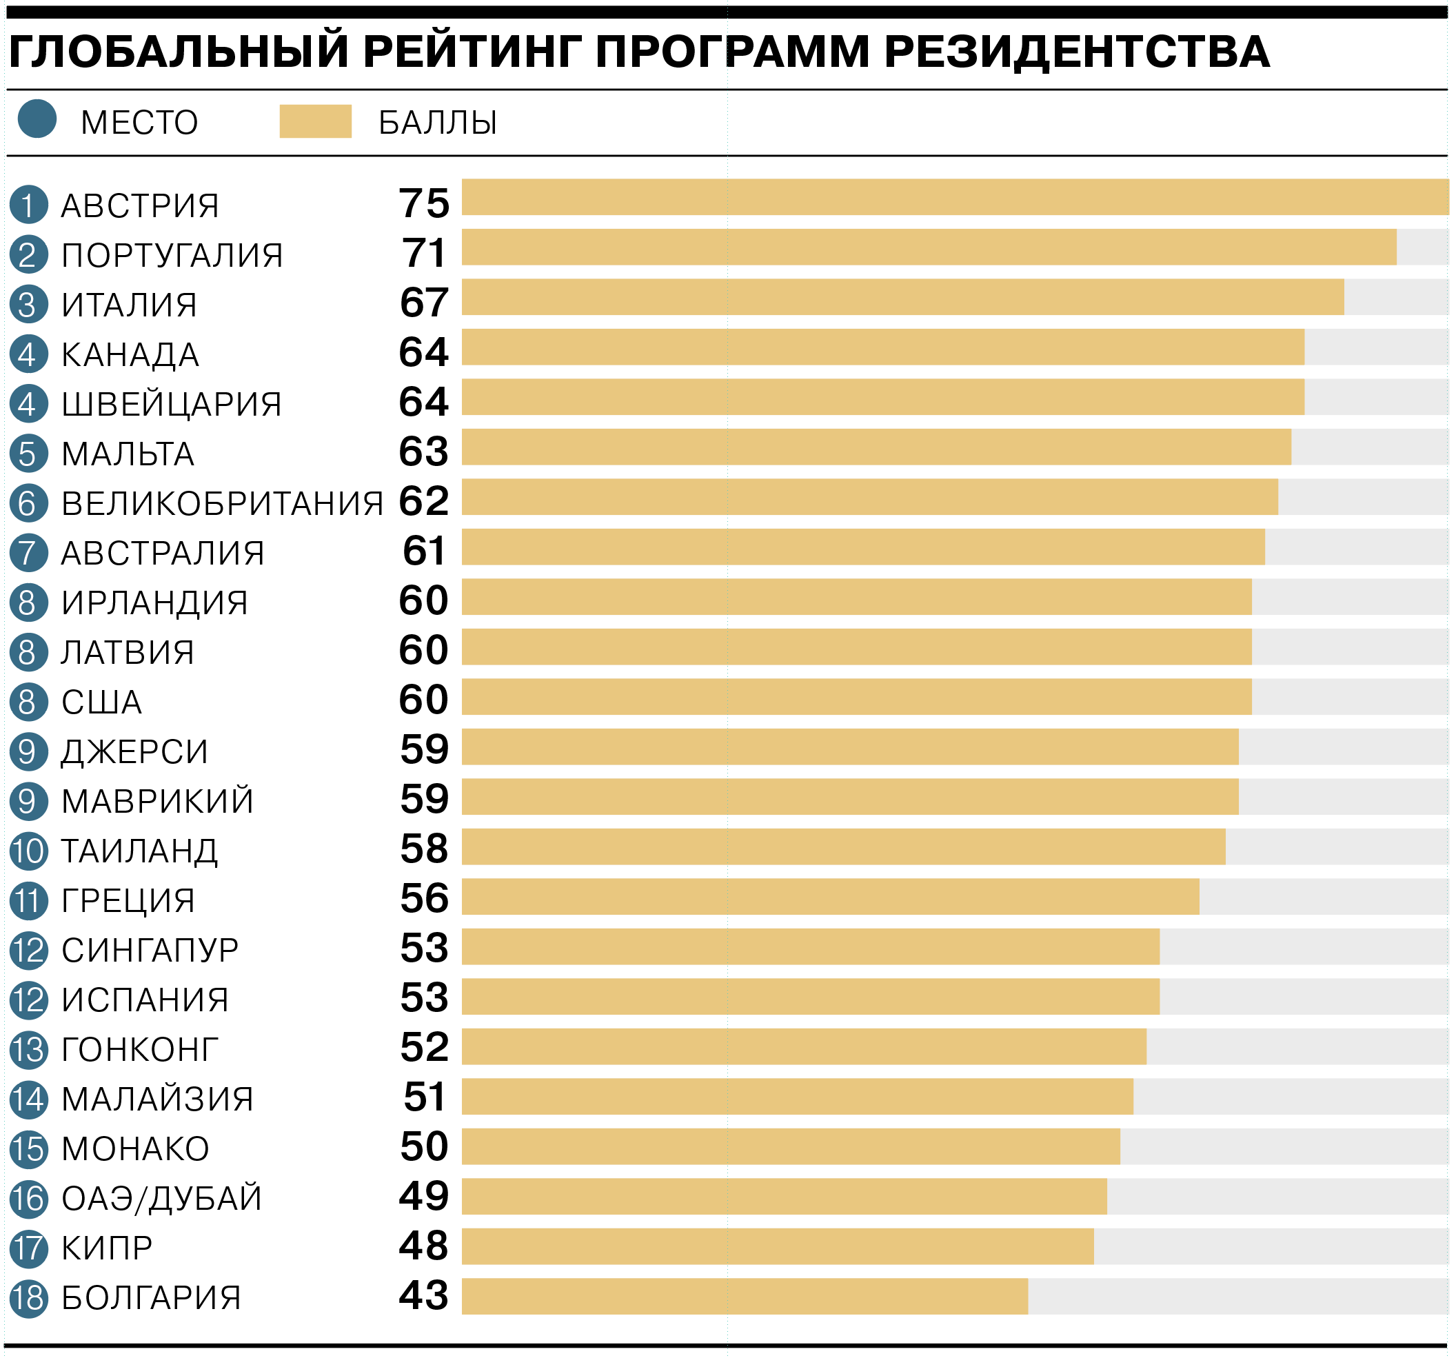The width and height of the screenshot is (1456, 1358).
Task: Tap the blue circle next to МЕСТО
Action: point(37,119)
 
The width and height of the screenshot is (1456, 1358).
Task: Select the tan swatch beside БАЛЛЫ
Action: point(316,121)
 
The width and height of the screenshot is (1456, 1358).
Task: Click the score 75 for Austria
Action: point(424,203)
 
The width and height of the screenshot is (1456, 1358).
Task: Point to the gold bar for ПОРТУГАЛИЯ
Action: point(929,247)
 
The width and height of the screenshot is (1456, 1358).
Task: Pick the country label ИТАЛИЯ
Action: point(129,305)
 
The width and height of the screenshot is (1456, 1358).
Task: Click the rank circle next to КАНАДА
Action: point(28,354)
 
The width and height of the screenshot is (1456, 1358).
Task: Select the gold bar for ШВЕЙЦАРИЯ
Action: point(882,397)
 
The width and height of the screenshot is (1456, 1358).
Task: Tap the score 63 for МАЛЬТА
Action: point(423,452)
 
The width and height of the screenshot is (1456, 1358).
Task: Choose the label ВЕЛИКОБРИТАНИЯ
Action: point(222,504)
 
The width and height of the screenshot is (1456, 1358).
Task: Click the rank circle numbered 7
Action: point(28,553)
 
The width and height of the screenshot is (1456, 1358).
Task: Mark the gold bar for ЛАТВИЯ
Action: point(856,647)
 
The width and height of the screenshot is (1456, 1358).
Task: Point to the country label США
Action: point(101,702)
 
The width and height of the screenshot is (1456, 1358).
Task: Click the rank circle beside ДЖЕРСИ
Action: point(28,751)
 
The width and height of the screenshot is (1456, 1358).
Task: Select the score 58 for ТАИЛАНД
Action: point(424,848)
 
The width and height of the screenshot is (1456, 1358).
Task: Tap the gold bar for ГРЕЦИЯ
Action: point(830,897)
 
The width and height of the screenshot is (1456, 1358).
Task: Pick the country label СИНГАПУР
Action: point(150,950)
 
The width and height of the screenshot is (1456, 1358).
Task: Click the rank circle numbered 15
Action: point(28,1149)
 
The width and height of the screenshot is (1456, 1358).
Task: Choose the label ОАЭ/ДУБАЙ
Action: point(161,1198)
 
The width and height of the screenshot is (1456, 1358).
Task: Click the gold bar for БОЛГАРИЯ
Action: point(744,1297)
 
